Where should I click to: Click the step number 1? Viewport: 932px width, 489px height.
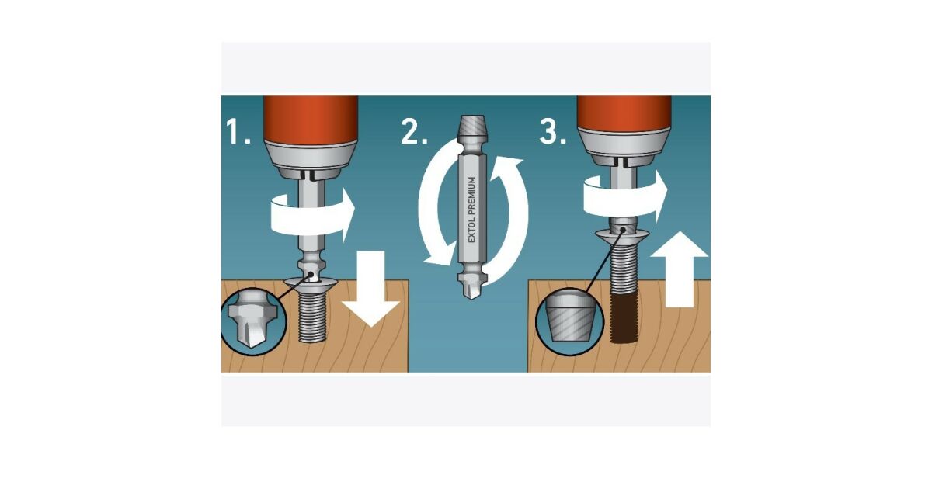point(238,131)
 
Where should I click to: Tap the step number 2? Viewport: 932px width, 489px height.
point(414,131)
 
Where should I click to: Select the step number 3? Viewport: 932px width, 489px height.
point(552,131)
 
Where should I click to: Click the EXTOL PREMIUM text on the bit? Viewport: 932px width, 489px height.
point(471,210)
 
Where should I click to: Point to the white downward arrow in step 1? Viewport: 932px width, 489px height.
point(370,289)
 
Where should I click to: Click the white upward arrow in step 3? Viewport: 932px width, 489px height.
point(679,269)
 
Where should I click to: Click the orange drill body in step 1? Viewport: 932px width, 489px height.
point(311,120)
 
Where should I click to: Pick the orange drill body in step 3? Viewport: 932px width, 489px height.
point(624,113)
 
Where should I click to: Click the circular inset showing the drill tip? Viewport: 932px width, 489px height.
point(253,322)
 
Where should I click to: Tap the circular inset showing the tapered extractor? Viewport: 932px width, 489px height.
point(569,322)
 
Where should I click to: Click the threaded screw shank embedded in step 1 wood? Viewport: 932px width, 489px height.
point(312,317)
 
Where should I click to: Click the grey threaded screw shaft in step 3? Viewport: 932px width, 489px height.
point(624,266)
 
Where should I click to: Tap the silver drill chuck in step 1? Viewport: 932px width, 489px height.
point(311,160)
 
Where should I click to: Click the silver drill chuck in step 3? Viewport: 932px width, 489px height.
point(624,147)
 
